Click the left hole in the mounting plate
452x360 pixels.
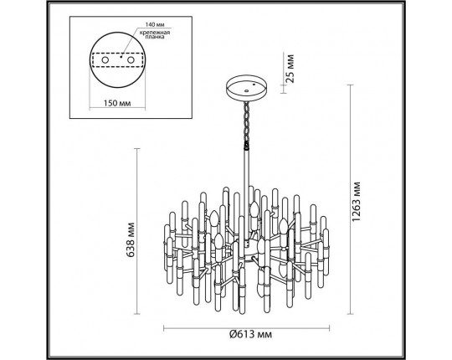(116, 61)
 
